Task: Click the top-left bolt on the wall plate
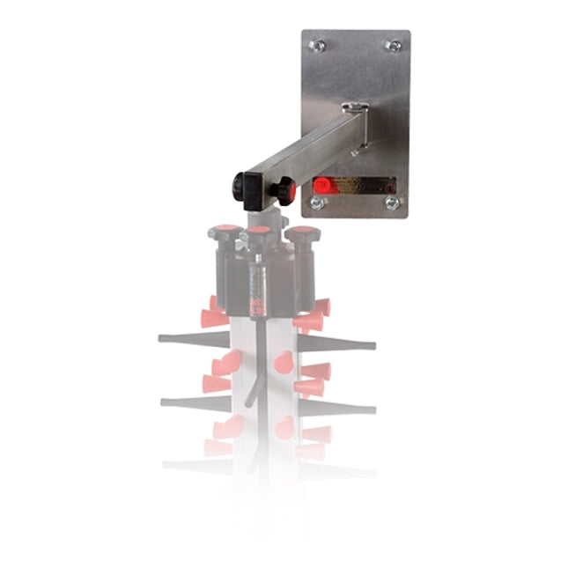click(319, 44)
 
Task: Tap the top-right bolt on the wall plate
click(394, 46)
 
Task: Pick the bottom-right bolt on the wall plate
click(392, 203)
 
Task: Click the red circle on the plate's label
click(322, 185)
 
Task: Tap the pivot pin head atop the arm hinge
click(355, 108)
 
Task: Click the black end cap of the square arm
click(250, 186)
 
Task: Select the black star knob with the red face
click(284, 188)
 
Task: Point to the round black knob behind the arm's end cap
click(238, 186)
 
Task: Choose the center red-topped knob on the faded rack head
click(258, 234)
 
